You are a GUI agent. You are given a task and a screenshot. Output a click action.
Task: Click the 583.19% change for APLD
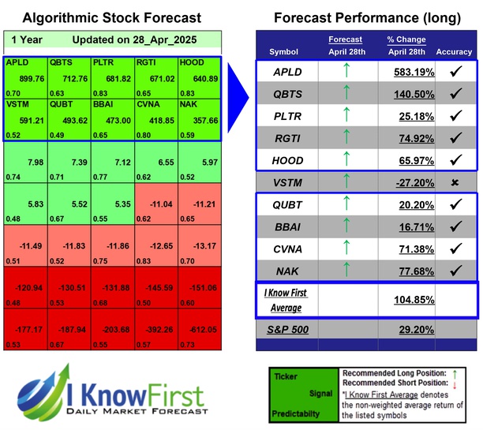(x=412, y=72)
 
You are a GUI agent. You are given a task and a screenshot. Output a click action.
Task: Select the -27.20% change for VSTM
(x=412, y=182)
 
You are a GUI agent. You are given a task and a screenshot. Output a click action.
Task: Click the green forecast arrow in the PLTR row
(x=346, y=116)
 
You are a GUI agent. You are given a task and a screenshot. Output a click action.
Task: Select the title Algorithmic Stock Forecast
(x=111, y=17)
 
